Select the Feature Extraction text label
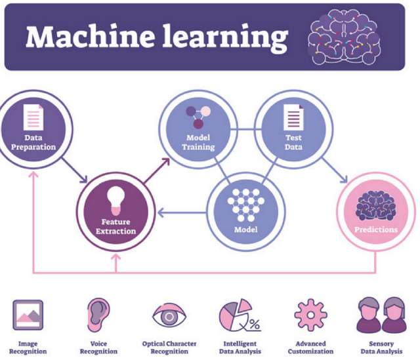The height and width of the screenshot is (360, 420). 119,227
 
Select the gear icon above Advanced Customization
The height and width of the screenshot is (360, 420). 310,315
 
